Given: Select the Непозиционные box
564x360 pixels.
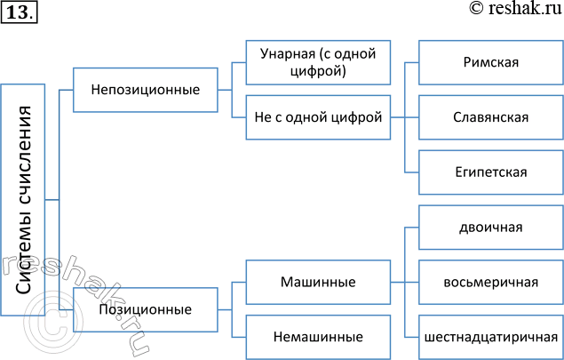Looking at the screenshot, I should click(x=145, y=89).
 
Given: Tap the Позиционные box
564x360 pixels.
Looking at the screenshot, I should click(x=145, y=310).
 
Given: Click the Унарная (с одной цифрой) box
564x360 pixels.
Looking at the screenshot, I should click(x=317, y=61).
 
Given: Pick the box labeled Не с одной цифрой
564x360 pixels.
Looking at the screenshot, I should click(x=317, y=116).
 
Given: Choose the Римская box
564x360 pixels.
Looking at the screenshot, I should click(x=490, y=62).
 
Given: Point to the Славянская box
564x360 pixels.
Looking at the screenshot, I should click(x=490, y=116).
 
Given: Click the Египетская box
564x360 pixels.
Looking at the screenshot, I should click(x=490, y=172).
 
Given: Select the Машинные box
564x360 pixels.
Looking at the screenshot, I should click(x=317, y=282).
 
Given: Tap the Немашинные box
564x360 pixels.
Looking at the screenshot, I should click(x=317, y=337).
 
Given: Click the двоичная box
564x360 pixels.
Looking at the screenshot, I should click(x=490, y=227).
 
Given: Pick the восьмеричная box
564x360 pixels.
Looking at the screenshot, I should click(x=490, y=283).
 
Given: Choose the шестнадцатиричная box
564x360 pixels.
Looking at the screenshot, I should click(x=490, y=337).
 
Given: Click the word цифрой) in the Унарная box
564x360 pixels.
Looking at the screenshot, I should click(x=318, y=70).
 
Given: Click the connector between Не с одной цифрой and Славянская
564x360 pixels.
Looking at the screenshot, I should click(x=404, y=116).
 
